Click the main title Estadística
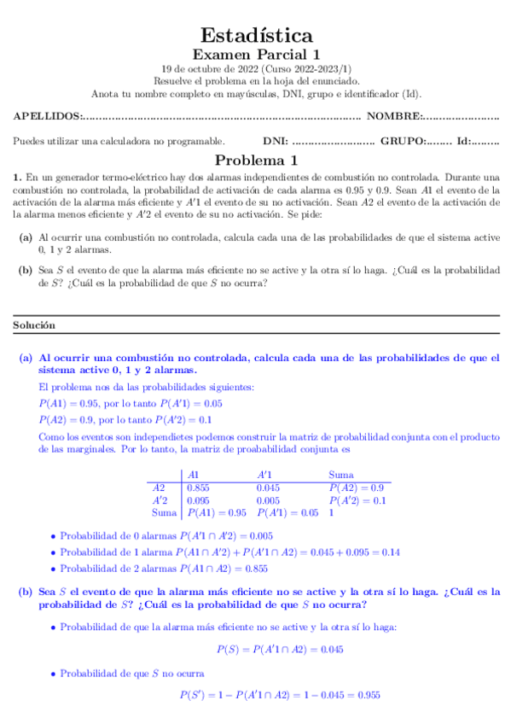(x=256, y=35)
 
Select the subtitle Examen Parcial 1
(x=256, y=55)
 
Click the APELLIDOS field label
(x=48, y=116)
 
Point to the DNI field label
(x=275, y=141)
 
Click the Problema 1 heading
(x=256, y=160)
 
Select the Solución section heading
(x=34, y=325)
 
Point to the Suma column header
(x=342, y=474)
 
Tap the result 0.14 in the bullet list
(x=390, y=552)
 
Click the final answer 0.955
(x=367, y=696)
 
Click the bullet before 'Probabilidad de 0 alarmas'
(x=53, y=537)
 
